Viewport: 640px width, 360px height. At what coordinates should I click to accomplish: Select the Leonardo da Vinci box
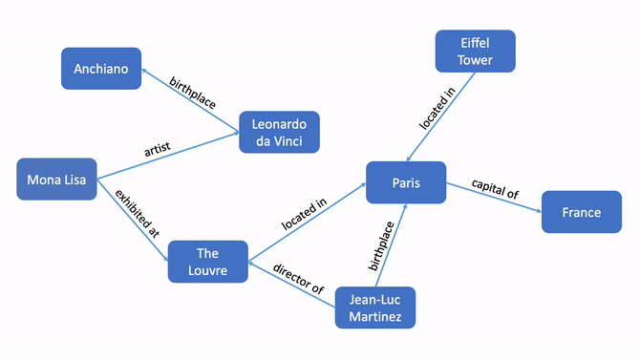click(279, 133)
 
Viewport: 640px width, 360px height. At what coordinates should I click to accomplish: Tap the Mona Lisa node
click(57, 180)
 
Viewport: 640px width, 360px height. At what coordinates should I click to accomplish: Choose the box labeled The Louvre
click(207, 262)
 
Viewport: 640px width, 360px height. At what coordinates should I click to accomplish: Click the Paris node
click(406, 182)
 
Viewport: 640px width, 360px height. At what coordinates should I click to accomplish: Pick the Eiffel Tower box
click(475, 51)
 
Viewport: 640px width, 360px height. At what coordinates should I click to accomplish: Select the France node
click(581, 212)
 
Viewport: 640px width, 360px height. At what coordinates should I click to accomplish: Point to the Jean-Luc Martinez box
click(375, 307)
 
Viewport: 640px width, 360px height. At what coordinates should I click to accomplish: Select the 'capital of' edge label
click(496, 190)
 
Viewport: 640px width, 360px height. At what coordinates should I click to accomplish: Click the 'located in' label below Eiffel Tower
click(431, 111)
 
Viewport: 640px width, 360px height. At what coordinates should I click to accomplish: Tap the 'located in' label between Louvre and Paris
click(304, 214)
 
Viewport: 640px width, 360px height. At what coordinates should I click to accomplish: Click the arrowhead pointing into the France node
click(538, 203)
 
